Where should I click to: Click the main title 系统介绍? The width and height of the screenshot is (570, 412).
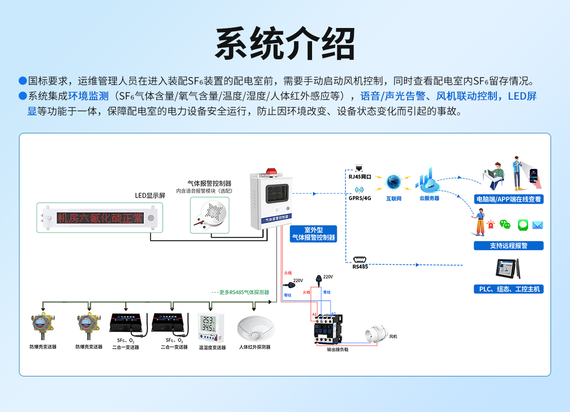point(285,44)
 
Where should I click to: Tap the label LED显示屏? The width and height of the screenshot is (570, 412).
point(150,196)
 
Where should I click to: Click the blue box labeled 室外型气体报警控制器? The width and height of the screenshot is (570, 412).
point(313,234)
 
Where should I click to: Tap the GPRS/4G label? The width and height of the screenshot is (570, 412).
point(360,198)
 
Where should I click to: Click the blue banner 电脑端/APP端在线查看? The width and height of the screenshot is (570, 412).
point(509,199)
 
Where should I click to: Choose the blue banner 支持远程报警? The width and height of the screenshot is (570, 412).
point(509,246)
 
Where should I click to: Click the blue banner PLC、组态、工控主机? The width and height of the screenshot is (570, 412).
point(509,289)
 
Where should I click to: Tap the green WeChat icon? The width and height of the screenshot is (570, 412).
point(505,225)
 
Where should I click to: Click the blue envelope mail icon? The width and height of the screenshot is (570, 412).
point(537,225)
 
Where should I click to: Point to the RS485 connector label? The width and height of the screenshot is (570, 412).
point(360,266)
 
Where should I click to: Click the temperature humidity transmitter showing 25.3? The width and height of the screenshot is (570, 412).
point(211,327)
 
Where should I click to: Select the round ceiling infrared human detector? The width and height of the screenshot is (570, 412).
point(256,328)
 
